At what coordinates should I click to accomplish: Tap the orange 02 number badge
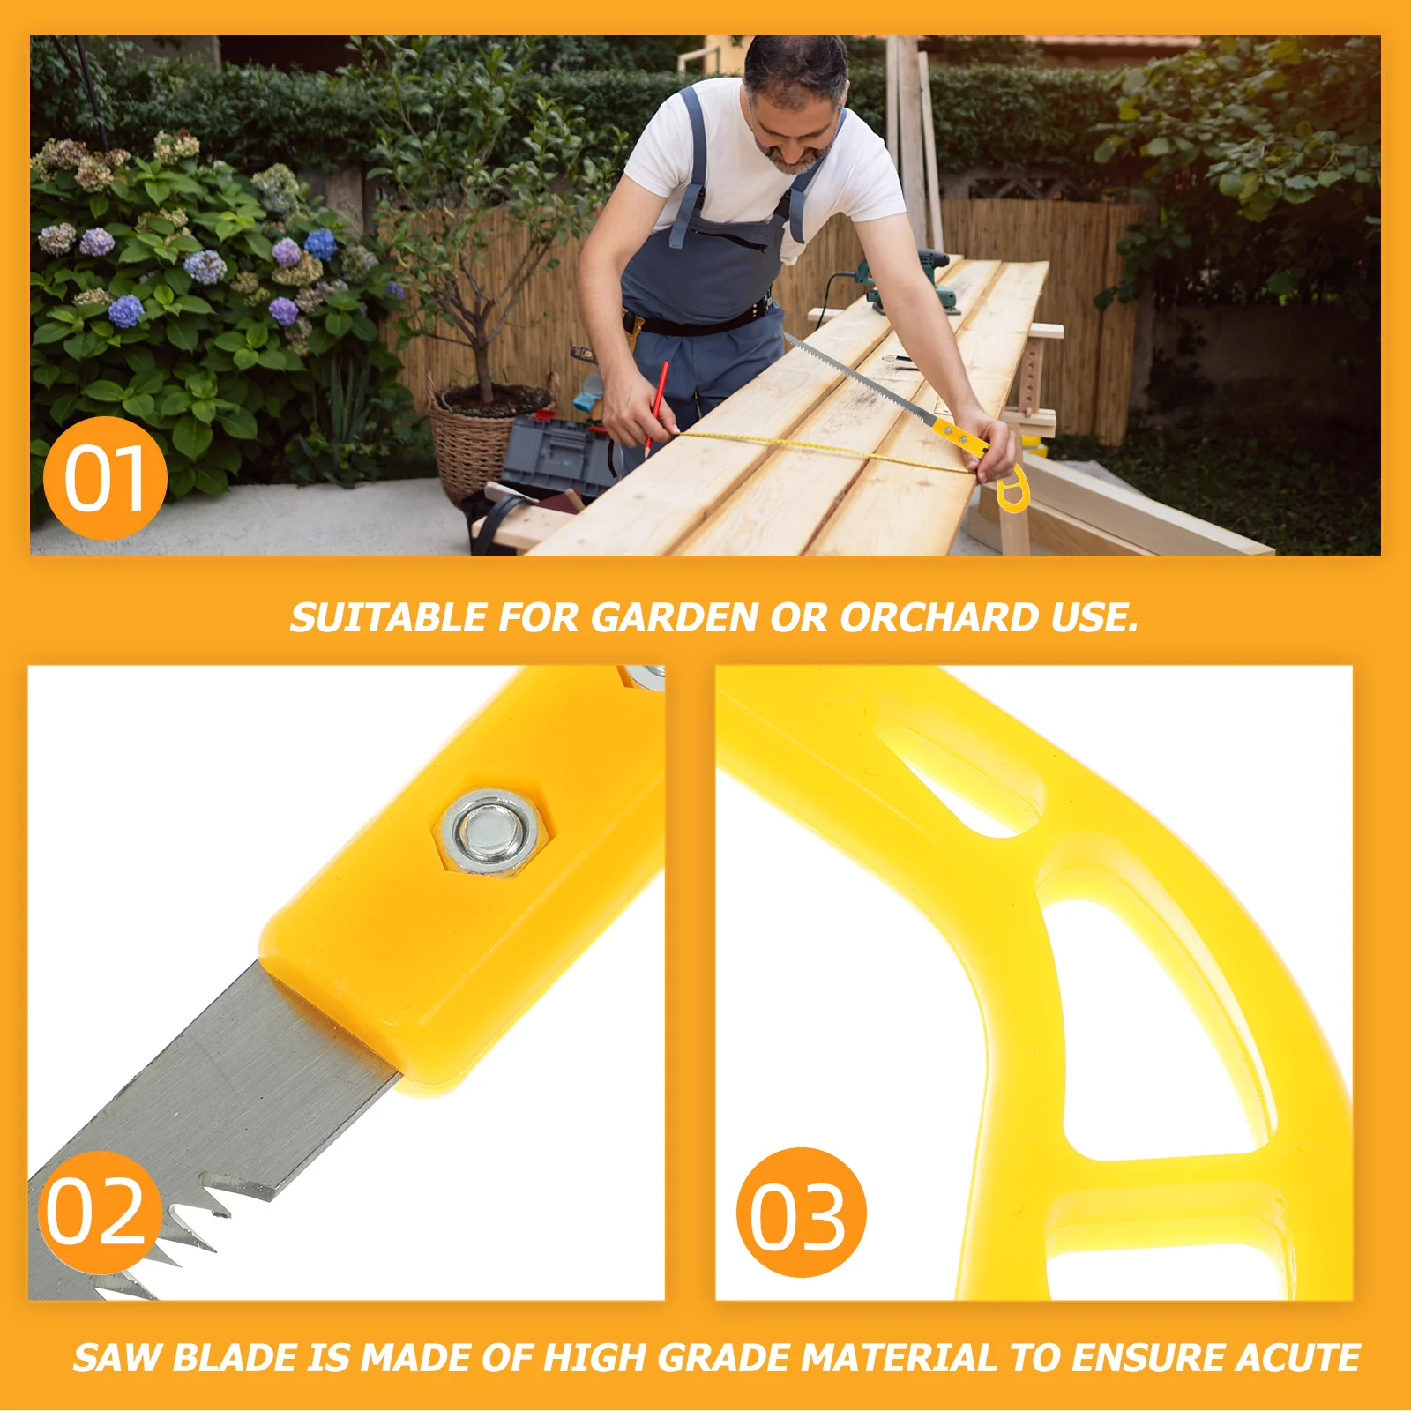[x=97, y=1213]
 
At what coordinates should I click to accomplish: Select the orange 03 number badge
[x=800, y=1213]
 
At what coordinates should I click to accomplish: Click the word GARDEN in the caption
[x=675, y=617]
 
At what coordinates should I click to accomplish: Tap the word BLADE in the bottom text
[x=235, y=1357]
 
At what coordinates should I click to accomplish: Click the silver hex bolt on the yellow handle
[x=490, y=832]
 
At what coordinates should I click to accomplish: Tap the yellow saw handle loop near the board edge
[x=1012, y=489]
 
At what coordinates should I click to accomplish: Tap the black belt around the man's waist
[x=705, y=322]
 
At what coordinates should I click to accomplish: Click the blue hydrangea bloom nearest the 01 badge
[x=126, y=310]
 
